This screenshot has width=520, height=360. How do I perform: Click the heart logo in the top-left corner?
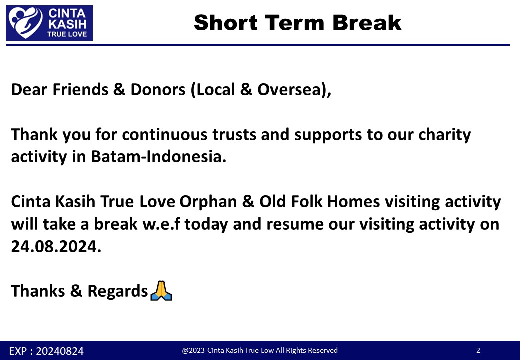point(26,23)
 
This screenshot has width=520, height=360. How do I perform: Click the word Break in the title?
point(367,23)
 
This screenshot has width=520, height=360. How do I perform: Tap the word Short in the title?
point(226,23)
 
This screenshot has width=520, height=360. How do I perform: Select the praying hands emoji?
point(161,290)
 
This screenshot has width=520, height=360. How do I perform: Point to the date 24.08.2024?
point(56,246)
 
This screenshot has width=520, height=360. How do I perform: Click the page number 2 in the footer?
point(478,350)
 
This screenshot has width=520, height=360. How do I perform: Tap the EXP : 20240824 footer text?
point(46,351)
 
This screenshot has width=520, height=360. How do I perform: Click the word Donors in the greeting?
point(158,90)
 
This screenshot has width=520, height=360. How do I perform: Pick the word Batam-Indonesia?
point(159,157)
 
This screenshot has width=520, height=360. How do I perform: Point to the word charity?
point(444,135)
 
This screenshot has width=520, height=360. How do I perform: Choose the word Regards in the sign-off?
point(117,291)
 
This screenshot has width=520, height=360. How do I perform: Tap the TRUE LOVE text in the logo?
point(67,34)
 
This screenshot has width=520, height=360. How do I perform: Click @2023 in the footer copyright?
point(193,350)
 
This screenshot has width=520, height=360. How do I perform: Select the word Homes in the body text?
point(353,202)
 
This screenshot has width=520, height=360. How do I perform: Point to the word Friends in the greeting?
point(80,90)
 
